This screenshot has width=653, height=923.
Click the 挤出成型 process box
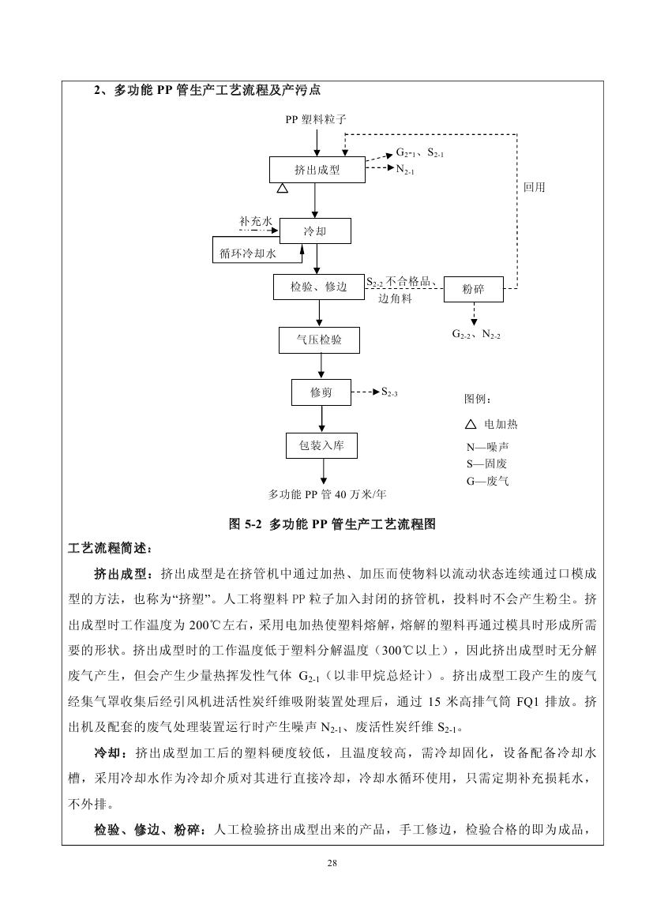point(317,170)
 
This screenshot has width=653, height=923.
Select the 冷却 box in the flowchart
point(314,231)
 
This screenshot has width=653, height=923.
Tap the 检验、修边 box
point(319,287)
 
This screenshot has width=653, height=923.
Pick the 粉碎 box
point(473,290)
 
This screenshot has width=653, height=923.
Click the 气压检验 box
point(319,340)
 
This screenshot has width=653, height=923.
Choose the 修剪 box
point(321,392)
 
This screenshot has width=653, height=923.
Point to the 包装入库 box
point(321,446)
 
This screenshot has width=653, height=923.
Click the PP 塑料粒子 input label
point(316,120)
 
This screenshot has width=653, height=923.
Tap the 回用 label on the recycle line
point(534,188)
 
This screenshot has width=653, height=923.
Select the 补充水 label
point(255,222)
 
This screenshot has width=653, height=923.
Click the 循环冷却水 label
point(248,253)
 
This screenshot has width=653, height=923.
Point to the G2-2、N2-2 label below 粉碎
point(476,335)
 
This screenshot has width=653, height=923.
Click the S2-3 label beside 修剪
point(389,392)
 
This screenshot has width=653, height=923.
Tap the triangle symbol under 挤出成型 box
point(282,189)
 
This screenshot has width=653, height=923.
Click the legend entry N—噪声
point(487,447)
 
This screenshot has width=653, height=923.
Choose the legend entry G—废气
point(487,480)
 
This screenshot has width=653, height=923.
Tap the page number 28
point(332,863)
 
